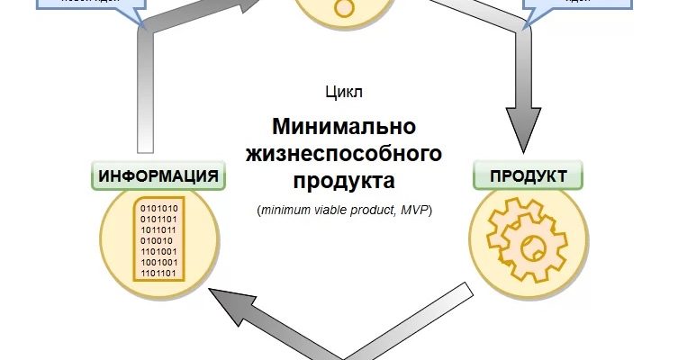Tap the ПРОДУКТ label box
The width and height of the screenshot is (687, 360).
tap(528, 175)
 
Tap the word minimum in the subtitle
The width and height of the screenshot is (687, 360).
tap(288, 211)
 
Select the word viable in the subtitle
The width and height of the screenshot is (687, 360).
tap(343, 211)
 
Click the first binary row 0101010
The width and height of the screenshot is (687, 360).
tap(158, 208)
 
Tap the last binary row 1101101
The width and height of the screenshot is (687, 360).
tap(158, 272)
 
